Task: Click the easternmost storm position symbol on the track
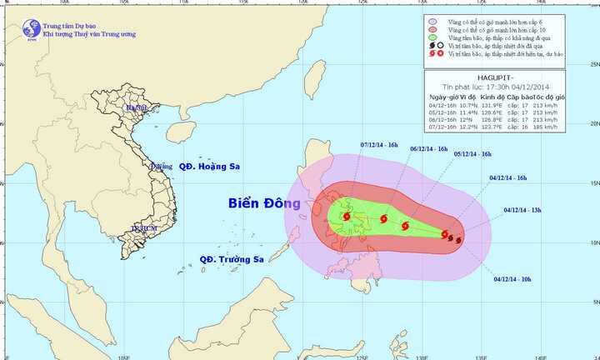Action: click(x=459, y=242)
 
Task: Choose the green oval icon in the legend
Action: click(x=431, y=38)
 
